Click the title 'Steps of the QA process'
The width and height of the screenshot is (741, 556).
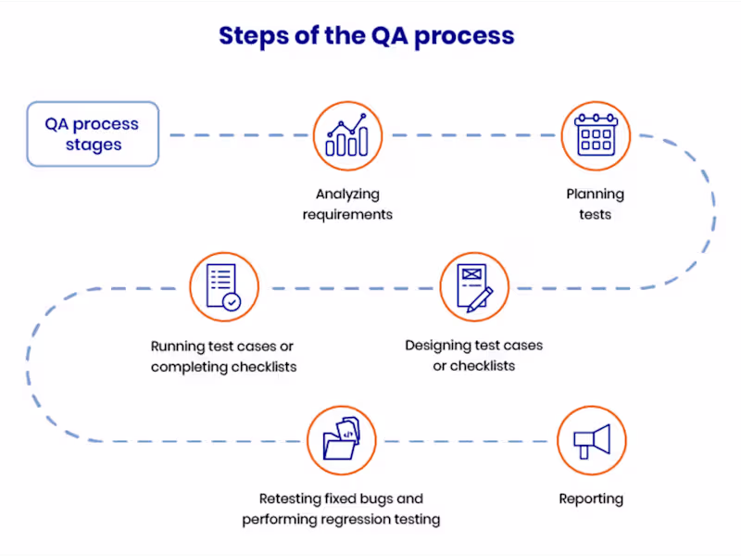coord(366,36)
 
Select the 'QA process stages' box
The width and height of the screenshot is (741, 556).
coord(93,133)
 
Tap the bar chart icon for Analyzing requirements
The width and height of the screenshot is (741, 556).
coord(347,135)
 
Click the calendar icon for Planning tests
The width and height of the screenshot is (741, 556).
coord(596,135)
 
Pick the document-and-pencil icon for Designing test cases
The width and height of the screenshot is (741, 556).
coord(474,287)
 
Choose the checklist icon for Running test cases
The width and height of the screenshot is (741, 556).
coord(223,287)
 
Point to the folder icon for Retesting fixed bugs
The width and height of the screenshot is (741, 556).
coord(341,439)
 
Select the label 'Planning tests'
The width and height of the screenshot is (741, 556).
coord(596,204)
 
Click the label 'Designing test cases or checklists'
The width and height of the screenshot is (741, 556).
coord(474,355)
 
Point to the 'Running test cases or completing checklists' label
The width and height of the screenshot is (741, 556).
coord(224,356)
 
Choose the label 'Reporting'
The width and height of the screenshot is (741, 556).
coord(591,499)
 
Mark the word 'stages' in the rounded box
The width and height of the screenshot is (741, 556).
coord(94,145)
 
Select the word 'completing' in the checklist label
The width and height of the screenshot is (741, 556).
coord(191,366)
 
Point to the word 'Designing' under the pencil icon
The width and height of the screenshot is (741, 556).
coord(438,345)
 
